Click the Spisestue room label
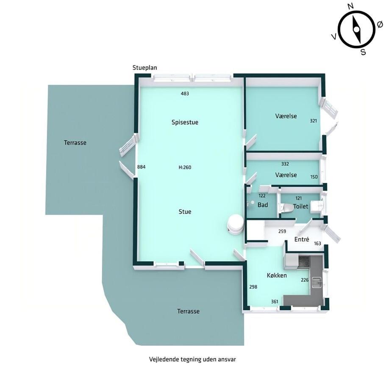[185, 122]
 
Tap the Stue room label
[185, 212]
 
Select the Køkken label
[277, 275]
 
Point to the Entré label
[302, 239]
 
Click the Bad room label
[263, 205]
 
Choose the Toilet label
[300, 206]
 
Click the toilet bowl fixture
[287, 208]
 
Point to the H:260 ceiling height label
[185, 167]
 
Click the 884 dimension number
[141, 167]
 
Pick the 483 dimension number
[185, 94]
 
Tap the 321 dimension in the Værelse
[314, 121]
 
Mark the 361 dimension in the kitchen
[275, 302]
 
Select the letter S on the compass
[363, 52]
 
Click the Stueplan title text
[145, 68]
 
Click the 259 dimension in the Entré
[282, 231]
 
